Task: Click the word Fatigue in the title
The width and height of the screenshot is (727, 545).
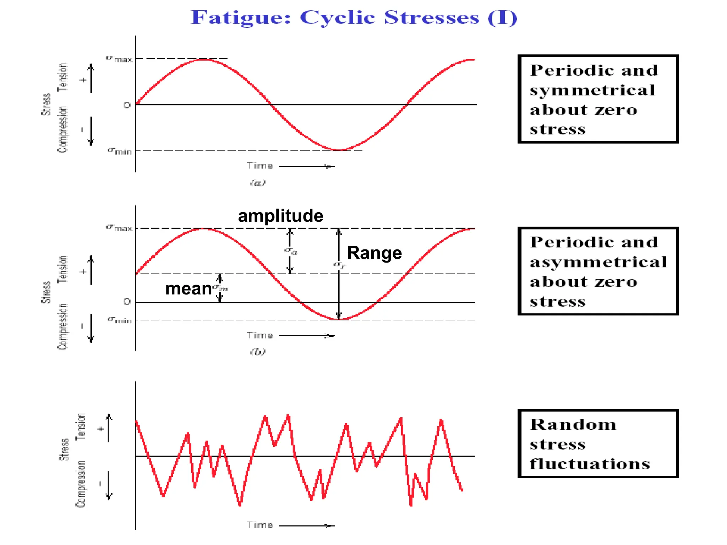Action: click(x=241, y=18)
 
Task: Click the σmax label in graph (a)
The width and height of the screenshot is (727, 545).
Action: click(x=119, y=59)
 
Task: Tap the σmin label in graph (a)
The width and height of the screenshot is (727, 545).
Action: click(x=120, y=151)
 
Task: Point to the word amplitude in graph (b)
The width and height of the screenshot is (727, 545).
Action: click(x=280, y=216)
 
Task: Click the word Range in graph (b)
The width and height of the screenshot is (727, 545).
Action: click(x=374, y=253)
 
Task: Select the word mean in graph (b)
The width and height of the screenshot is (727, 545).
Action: click(x=188, y=289)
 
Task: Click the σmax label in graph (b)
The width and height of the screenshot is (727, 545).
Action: click(x=119, y=228)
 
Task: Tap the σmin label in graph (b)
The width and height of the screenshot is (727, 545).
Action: click(x=120, y=320)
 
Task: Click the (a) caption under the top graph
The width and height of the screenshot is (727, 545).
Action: click(x=258, y=183)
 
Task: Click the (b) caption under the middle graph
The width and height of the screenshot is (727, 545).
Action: click(x=258, y=352)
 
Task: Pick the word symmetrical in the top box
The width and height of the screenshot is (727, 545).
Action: click(x=592, y=90)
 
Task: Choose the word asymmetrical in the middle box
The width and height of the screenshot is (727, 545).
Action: click(x=598, y=263)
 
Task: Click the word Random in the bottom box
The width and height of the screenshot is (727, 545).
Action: click(x=573, y=425)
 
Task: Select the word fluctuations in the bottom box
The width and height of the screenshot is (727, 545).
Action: click(x=590, y=464)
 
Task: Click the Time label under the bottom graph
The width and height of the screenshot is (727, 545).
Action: click(x=260, y=525)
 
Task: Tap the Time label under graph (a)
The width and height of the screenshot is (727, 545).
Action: click(x=260, y=166)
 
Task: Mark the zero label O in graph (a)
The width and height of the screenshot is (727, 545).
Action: click(x=127, y=105)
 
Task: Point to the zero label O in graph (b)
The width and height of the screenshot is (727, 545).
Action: click(x=127, y=302)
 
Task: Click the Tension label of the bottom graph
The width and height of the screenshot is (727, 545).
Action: click(x=81, y=427)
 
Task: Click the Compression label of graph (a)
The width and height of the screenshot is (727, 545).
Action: click(x=62, y=130)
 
